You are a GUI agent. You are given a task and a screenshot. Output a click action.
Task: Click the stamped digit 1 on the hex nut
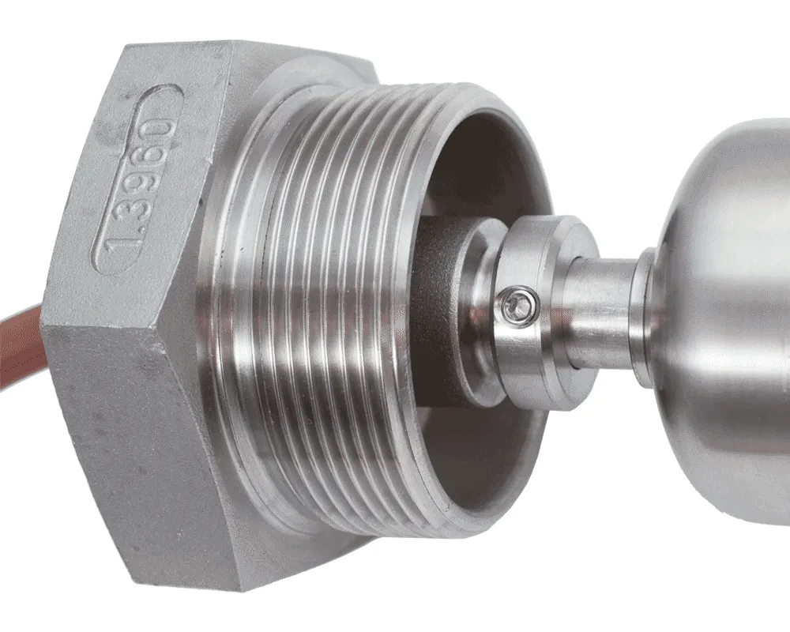(x=116, y=247)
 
